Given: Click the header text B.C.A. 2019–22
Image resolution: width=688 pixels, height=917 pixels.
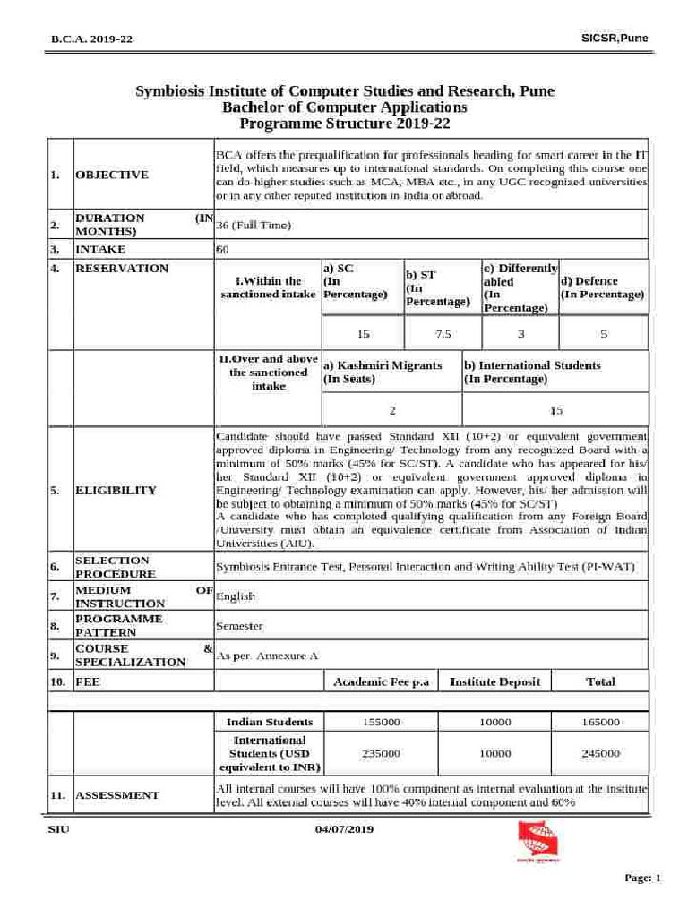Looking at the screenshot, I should click(x=92, y=39).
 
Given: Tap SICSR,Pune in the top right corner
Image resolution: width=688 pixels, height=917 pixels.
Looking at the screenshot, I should click(x=615, y=38).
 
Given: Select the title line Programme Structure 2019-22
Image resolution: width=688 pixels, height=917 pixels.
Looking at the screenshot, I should click(x=344, y=123).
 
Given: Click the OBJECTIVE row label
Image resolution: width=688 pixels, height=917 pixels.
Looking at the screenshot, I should click(x=112, y=175).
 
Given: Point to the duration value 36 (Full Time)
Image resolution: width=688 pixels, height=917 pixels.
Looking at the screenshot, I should click(x=254, y=225).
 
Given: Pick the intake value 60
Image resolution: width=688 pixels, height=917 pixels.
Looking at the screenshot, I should click(x=223, y=250).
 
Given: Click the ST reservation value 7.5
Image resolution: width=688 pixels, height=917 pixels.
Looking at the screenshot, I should click(x=443, y=334).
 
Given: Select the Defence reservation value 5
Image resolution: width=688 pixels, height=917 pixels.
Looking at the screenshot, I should click(x=603, y=334).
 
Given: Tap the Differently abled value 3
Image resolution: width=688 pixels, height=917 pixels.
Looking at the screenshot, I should click(x=520, y=334).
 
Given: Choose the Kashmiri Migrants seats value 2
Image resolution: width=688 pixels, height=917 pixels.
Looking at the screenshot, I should click(x=391, y=410).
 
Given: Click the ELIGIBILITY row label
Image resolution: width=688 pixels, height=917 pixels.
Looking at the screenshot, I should click(x=116, y=491).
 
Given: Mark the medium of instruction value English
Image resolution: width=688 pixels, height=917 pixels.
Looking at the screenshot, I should click(x=236, y=596).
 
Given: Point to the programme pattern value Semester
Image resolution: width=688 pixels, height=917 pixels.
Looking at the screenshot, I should click(x=239, y=626).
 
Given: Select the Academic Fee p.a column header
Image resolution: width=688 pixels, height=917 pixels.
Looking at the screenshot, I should click(x=381, y=682).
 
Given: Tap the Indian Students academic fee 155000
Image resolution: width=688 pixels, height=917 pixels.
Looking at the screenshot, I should click(x=381, y=722).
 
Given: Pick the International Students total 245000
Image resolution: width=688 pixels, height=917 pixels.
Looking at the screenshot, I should click(x=599, y=754).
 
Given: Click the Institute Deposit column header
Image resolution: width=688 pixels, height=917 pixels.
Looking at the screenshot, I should click(x=494, y=682).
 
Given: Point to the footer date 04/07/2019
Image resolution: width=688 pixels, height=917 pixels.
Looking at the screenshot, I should click(x=344, y=829).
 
